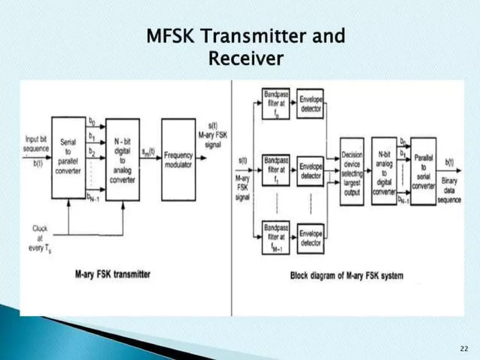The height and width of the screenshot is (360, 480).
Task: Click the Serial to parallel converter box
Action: point(69,158)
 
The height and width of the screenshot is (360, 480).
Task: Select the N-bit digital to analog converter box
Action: point(123,159)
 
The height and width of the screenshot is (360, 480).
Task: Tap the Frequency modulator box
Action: point(178,159)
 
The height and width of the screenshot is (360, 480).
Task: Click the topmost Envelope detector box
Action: point(311,104)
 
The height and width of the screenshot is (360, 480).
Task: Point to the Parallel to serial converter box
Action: point(423,171)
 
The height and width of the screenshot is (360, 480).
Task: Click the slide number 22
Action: point(464,348)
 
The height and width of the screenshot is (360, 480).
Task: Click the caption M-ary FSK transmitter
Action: point(112,274)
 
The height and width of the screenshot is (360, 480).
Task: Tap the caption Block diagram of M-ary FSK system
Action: point(347,275)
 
